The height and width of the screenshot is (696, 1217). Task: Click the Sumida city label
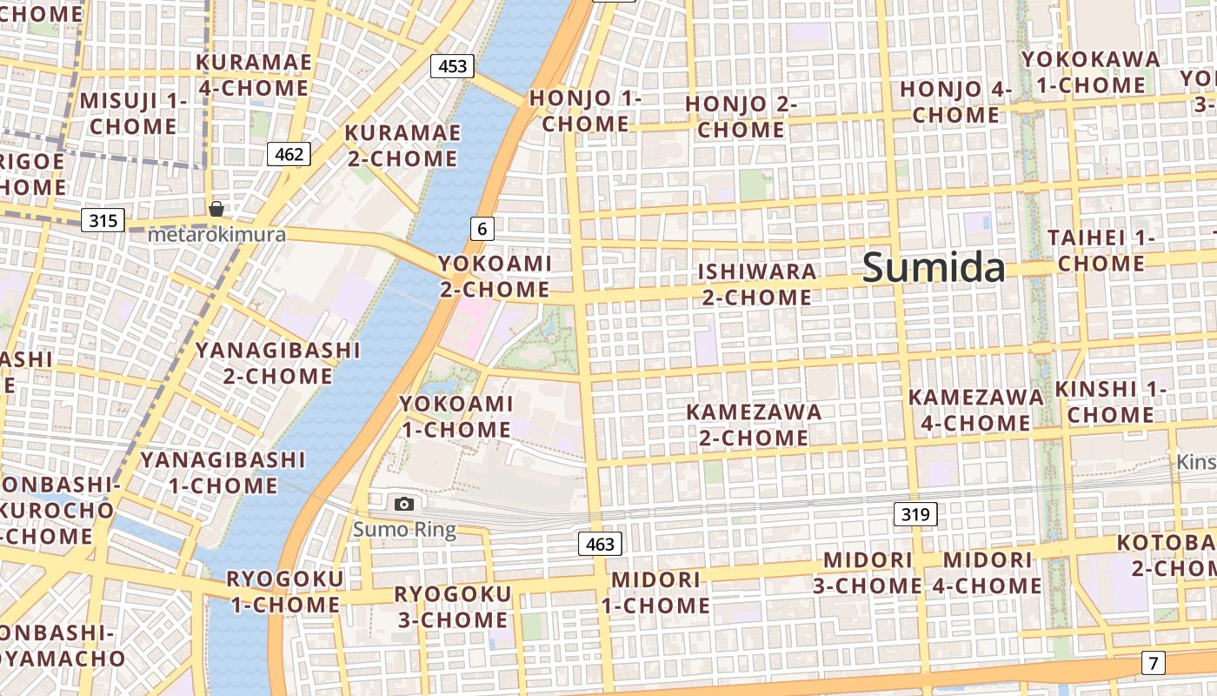coord(934,268)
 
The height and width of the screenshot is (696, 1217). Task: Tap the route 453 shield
coord(452,66)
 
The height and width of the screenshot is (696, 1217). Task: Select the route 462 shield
coord(289,155)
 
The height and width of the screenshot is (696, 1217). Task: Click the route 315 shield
coord(103,220)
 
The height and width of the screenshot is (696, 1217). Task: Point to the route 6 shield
coord(482,229)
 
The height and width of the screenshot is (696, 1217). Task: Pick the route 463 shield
coord(600,545)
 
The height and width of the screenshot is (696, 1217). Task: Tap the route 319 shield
coord(915,515)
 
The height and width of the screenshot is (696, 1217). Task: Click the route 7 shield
coord(1153,663)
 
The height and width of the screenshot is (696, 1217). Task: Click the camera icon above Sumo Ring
coord(403,504)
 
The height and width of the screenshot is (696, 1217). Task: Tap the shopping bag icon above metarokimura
coord(216,209)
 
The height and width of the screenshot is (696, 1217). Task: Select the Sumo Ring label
coord(404,529)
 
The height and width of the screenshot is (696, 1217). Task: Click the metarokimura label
coord(216,234)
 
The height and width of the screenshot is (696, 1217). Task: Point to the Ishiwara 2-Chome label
coord(756,284)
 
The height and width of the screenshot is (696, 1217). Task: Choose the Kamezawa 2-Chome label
coord(754,425)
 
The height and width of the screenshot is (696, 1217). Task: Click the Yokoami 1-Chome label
coord(456,417)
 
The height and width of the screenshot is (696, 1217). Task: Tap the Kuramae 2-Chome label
coord(402,145)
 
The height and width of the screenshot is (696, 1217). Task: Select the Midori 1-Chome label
coord(656,592)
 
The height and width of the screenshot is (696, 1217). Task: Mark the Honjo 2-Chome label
coord(741,117)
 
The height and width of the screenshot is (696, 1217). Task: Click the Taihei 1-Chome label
coord(1101,250)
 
